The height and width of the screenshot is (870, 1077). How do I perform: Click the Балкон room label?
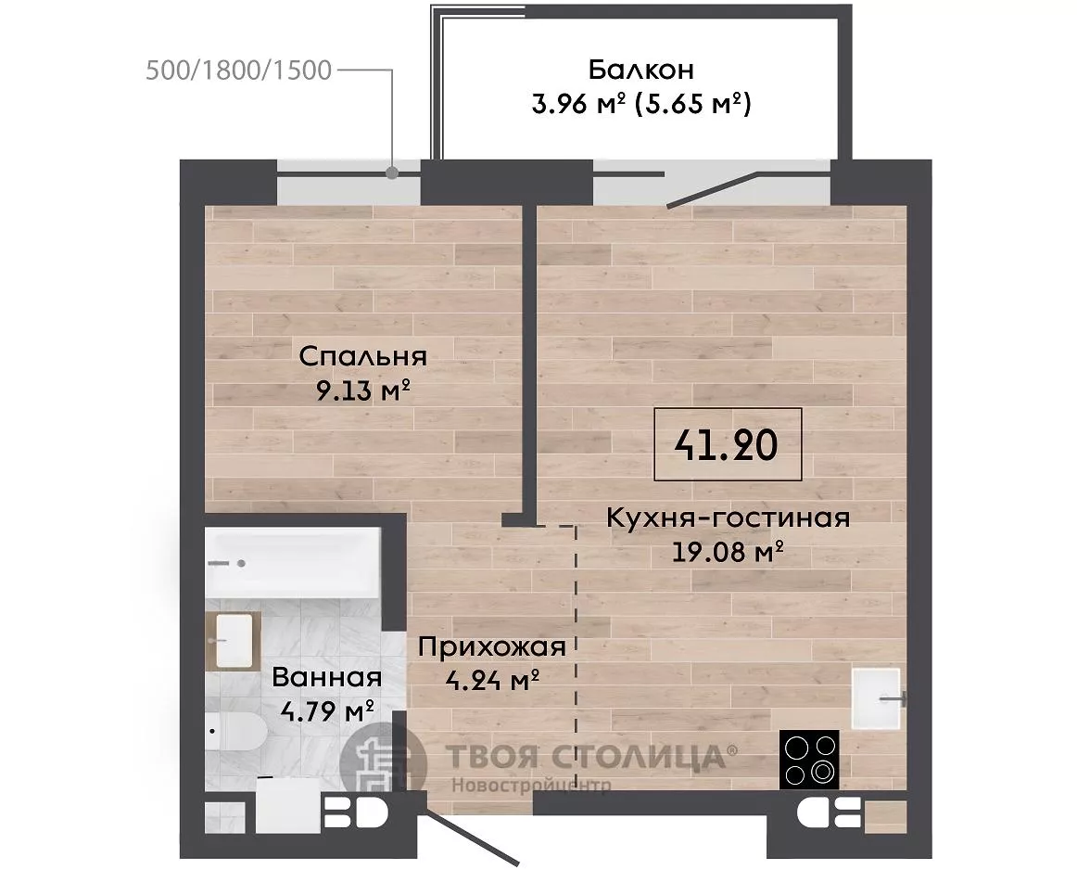coord(640,70)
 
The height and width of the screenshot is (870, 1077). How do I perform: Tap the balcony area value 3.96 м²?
coord(578,105)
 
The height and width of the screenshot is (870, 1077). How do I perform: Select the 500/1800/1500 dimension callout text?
coord(239,70)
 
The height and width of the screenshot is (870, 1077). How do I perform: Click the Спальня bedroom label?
coord(362,357)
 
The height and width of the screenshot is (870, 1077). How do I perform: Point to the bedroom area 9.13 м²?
coord(362,391)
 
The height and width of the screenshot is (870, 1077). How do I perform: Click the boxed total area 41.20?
coord(727,444)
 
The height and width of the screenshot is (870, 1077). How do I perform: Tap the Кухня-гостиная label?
coord(729,518)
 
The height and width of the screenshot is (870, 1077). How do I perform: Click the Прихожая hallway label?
coord(492,646)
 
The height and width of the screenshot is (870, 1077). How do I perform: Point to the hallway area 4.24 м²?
coord(492,681)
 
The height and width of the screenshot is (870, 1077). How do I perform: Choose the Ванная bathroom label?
coord(327,678)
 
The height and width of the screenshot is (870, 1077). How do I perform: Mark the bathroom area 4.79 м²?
coord(327,710)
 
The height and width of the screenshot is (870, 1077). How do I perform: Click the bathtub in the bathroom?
coord(293,563)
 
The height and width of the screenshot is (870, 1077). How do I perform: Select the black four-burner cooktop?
coord(809,760)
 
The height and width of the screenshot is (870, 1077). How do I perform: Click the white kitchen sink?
coord(876,698)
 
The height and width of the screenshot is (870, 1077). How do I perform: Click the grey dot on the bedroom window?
coord(391,173)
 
